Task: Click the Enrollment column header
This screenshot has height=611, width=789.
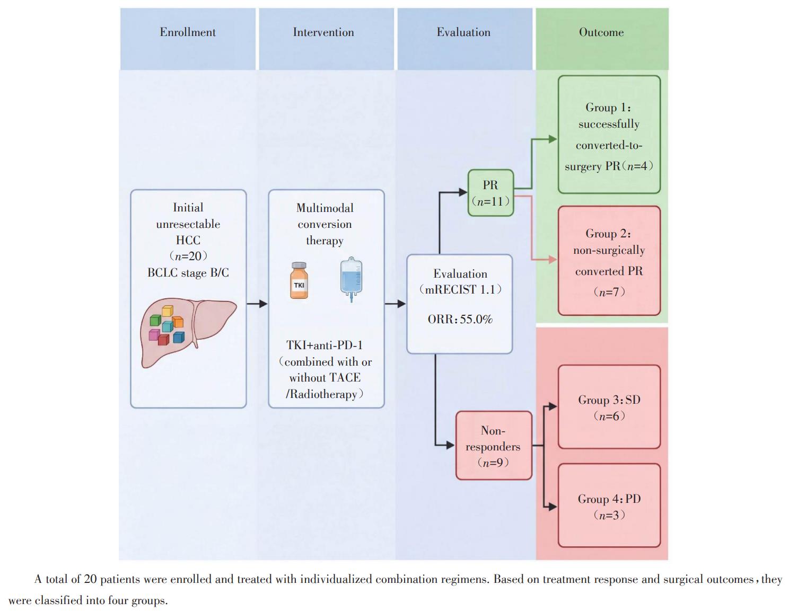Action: click(x=188, y=32)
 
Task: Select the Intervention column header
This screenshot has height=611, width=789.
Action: click(x=323, y=32)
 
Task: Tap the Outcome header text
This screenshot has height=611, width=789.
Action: click(x=601, y=32)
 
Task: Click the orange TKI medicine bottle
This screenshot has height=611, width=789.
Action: click(x=299, y=280)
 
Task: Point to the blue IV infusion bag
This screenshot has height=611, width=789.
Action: click(x=351, y=279)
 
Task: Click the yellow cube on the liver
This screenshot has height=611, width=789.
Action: click(x=168, y=311)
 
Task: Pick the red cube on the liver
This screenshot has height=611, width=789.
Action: click(x=163, y=340)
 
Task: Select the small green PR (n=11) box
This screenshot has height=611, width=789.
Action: click(x=490, y=193)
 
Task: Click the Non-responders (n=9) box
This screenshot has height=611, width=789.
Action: click(x=494, y=446)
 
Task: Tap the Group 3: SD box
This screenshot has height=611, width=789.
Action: click(x=609, y=407)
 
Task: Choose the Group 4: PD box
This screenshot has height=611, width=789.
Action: click(x=609, y=506)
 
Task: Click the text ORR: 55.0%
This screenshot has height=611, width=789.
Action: click(x=460, y=320)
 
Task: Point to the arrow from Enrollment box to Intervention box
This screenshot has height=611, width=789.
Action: click(x=257, y=304)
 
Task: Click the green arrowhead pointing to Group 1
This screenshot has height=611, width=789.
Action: click(x=553, y=139)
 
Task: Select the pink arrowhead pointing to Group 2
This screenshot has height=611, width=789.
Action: click(x=553, y=260)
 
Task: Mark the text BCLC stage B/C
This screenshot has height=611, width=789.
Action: click(x=188, y=273)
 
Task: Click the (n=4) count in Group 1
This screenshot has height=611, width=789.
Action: click(x=637, y=166)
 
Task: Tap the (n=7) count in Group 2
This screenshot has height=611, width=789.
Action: click(x=609, y=291)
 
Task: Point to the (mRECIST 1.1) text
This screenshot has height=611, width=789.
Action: click(x=460, y=289)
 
